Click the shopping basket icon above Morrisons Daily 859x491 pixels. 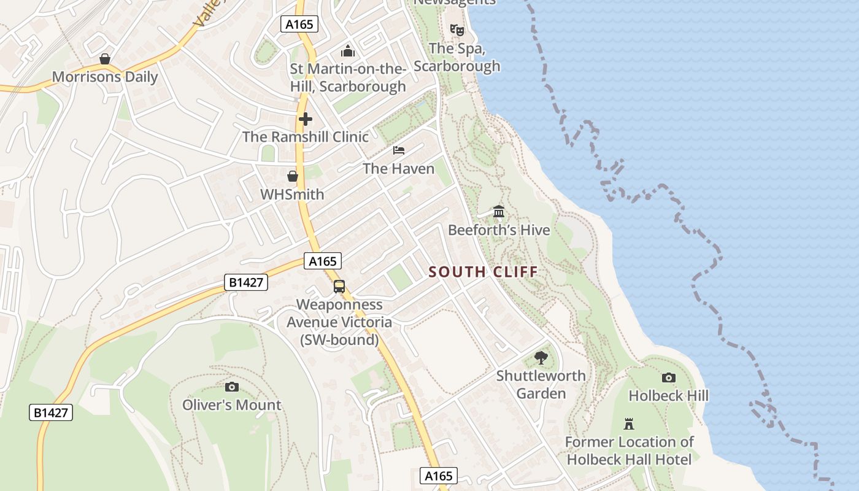[x=105, y=59]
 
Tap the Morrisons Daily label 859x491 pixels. [x=105, y=77]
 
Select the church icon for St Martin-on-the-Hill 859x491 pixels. [x=348, y=51]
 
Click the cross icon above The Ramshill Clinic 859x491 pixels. [x=305, y=119]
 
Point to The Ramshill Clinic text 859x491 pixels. [x=306, y=137]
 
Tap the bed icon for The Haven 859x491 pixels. [x=399, y=150]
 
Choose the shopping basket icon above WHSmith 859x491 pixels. [x=293, y=176]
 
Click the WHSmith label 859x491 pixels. [x=292, y=195]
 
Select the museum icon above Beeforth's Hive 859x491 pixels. [x=499, y=212]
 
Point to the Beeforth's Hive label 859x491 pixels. [x=499, y=230]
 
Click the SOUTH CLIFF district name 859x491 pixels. [x=483, y=272]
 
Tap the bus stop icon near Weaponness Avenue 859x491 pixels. [x=339, y=287]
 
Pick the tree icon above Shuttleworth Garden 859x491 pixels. [x=541, y=358]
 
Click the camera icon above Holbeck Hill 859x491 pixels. [x=669, y=378]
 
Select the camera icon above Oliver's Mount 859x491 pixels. [x=231, y=387]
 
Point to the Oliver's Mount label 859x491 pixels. [x=232, y=405]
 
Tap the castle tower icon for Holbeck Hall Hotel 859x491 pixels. [x=629, y=423]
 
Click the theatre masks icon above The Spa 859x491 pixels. [x=456, y=29]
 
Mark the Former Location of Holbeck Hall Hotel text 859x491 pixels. [x=629, y=450]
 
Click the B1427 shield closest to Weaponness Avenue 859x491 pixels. [x=246, y=282]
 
